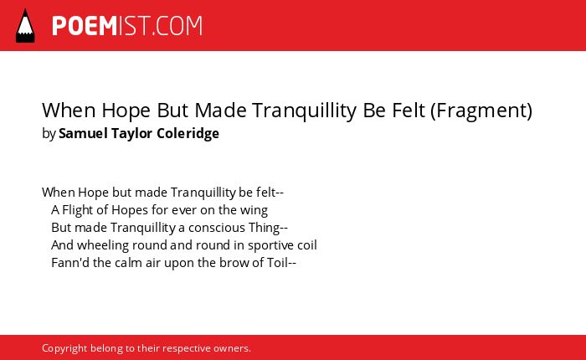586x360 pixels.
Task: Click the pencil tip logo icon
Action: [25, 25]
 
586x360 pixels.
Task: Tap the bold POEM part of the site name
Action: [85, 26]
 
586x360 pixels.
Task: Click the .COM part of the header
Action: [176, 26]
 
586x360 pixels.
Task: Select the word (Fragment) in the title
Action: [481, 111]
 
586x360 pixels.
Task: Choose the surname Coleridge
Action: [188, 133]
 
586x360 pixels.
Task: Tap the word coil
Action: [307, 245]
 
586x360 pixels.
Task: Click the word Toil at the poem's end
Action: [277, 262]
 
